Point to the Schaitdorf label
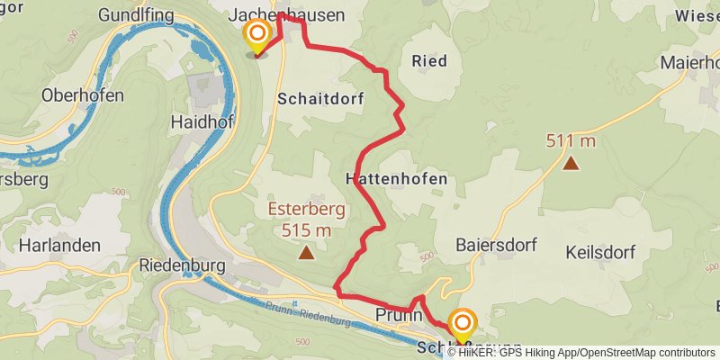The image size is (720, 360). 320,99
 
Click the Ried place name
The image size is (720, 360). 428,61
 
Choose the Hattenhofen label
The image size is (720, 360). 396,179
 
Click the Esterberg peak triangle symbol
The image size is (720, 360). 307,253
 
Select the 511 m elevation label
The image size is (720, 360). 571,140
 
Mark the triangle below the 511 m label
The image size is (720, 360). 571,163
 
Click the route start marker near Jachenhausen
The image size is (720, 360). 257,36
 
